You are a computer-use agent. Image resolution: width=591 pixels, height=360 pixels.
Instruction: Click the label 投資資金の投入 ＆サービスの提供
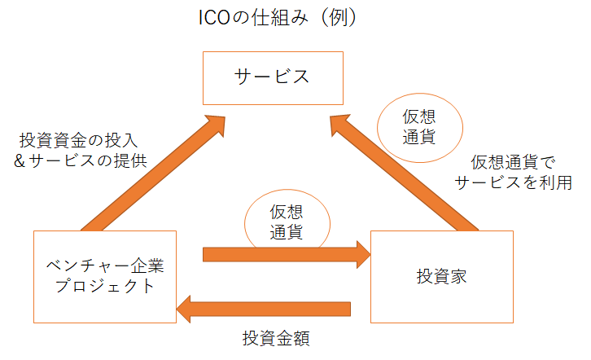click(x=81, y=150)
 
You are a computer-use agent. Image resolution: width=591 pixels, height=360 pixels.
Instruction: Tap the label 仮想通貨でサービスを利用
click(x=513, y=172)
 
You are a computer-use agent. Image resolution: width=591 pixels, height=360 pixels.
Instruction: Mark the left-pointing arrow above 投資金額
click(x=265, y=309)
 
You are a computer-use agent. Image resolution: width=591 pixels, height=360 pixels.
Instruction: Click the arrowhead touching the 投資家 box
click(x=361, y=254)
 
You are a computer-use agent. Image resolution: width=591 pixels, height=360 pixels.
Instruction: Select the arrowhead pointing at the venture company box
click(x=186, y=309)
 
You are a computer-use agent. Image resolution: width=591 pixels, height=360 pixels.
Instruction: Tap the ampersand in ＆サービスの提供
click(x=20, y=160)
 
